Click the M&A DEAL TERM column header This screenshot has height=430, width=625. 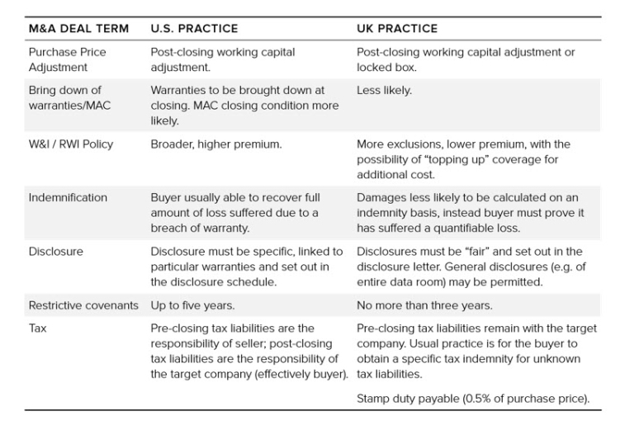(x=78, y=28)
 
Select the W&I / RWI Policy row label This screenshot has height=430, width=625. (x=70, y=144)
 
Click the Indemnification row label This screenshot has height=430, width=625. (x=68, y=198)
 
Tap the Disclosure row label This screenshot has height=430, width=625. (x=55, y=252)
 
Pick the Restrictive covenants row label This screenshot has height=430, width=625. (x=83, y=305)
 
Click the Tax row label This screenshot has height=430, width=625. (x=38, y=328)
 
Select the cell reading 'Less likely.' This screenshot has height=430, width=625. (x=384, y=91)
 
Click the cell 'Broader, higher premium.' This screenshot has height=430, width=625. (x=215, y=144)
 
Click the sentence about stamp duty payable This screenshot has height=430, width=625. (x=473, y=399)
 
